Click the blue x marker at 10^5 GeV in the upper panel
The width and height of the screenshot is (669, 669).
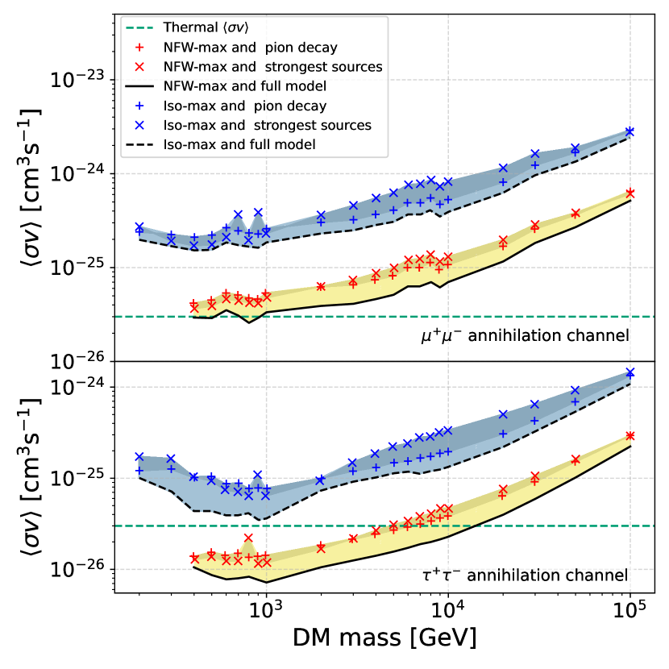coord(630,131)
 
